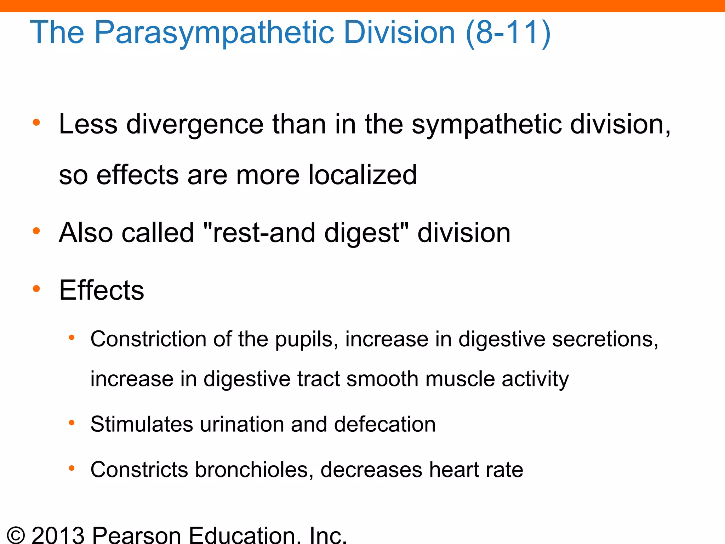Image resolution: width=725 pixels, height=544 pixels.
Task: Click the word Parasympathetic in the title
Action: pyautogui.click(x=214, y=33)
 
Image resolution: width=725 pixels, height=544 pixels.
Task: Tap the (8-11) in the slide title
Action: pyautogui.click(x=508, y=33)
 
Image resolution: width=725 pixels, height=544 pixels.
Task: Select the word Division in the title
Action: pyautogui.click(x=399, y=33)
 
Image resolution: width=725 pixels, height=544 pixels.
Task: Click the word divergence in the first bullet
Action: pyautogui.click(x=195, y=124)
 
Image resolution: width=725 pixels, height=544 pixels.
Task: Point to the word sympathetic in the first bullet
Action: pyautogui.click(x=486, y=124)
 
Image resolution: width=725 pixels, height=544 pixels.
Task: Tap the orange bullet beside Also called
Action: pyautogui.click(x=36, y=231)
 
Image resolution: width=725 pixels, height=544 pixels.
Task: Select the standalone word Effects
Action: pyautogui.click(x=102, y=290)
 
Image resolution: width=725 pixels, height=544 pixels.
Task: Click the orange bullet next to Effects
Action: pyautogui.click(x=36, y=289)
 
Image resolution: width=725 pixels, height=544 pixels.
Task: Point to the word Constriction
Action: pyautogui.click(x=148, y=339)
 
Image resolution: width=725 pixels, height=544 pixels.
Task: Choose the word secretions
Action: pyautogui.click(x=605, y=339)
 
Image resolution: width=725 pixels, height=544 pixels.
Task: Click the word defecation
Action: pyautogui.click(x=385, y=424)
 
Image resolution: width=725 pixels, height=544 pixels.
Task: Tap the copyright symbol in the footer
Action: pyautogui.click(x=16, y=535)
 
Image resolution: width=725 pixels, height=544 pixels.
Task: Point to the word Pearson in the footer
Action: pyautogui.click(x=137, y=535)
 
